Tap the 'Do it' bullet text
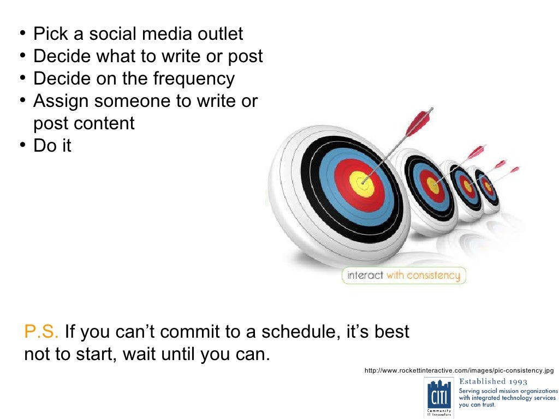coord(52,146)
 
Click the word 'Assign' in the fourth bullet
coord(62,101)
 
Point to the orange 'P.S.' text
coord(41,332)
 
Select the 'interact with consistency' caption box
coord(403,276)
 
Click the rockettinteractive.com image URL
coord(459,371)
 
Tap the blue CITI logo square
coord(439,394)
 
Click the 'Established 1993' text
coord(493,381)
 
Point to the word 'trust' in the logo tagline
coord(486,405)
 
